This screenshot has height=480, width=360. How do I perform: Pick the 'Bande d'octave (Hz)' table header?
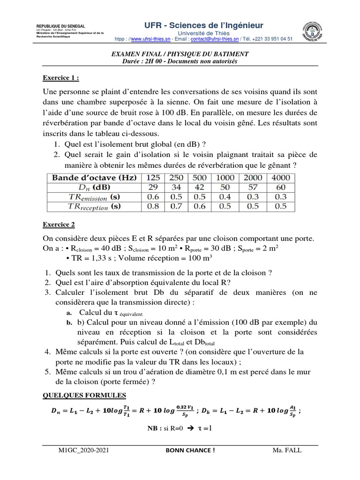point(94,178)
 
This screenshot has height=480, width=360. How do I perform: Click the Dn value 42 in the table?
point(199,187)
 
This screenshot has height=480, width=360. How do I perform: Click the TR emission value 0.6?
point(153,197)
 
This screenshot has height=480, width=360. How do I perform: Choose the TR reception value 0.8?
point(153,206)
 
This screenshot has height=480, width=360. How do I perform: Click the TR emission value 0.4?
point(225,197)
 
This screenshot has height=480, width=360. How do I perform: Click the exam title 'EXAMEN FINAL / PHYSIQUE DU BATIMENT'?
point(180,54)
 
